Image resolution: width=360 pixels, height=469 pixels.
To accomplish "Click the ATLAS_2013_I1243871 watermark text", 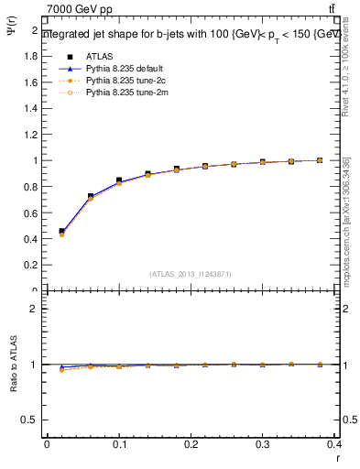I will pyautogui.click(x=191, y=274).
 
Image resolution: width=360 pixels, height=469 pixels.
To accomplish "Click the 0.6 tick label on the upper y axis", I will pyautogui.click(x=30, y=213).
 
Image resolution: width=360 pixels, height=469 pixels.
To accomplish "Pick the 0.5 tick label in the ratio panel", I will pyautogui.click(x=30, y=420).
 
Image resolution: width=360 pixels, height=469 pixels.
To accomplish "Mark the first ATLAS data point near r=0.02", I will pyautogui.click(x=61, y=232).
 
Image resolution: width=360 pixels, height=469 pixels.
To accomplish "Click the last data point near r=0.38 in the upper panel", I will pyautogui.click(x=320, y=160).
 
